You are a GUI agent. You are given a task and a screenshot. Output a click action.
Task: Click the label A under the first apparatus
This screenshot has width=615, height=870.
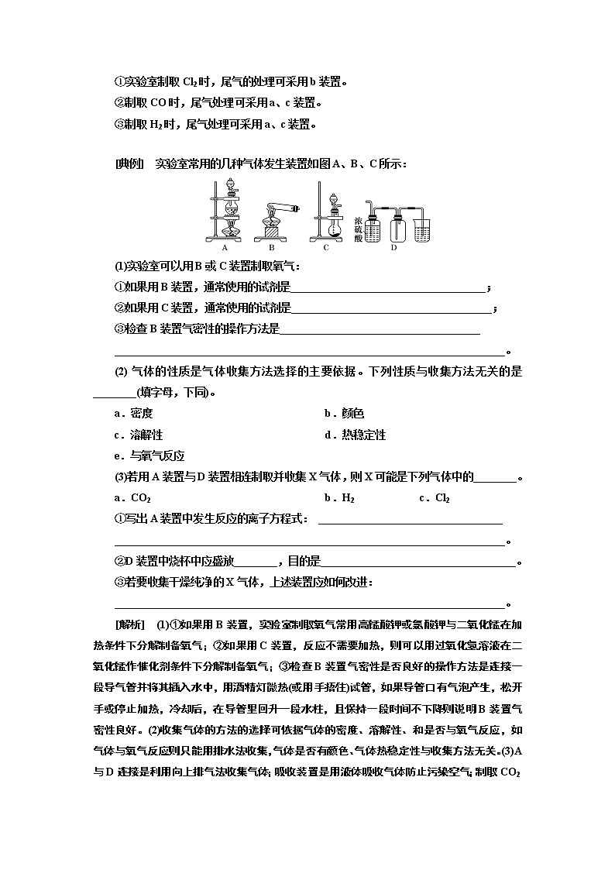225,248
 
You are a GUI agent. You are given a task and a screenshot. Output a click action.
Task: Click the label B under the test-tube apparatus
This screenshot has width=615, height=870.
271,248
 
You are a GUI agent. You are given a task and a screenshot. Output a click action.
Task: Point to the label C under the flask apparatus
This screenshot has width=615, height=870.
326,248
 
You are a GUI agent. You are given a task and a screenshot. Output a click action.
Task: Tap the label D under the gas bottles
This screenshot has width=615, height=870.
393,248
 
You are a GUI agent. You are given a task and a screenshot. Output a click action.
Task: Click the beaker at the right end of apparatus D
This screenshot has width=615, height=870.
422,228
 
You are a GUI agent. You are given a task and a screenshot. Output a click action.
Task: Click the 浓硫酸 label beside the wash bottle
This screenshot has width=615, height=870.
357,219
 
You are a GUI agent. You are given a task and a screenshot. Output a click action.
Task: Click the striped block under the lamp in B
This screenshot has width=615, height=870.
272,233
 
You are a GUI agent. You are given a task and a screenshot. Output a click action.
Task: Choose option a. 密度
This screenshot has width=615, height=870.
133,414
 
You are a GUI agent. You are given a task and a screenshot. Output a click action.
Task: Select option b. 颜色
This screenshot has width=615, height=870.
344,414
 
